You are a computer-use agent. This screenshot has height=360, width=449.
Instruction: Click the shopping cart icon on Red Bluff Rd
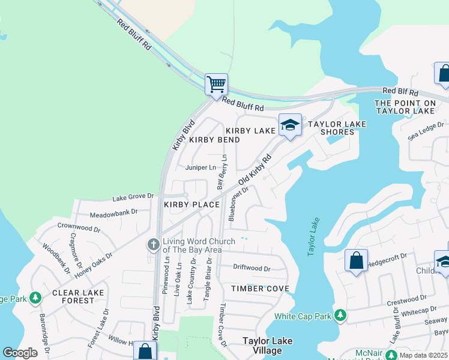point(216,84)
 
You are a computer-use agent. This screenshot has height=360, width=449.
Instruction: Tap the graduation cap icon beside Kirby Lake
point(290,125)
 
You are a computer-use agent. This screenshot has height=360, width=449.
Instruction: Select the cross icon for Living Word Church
point(153,245)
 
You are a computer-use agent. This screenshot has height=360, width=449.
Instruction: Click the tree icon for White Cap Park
point(340,315)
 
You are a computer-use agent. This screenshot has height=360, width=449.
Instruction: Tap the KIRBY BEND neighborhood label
point(214,140)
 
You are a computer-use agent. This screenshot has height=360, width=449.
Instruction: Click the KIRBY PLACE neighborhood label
point(191,205)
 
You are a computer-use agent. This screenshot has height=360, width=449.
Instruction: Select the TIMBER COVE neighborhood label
point(261,289)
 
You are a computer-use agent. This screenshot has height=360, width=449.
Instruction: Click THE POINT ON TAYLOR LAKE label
point(404,107)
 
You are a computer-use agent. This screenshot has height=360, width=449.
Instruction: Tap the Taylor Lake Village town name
point(267,346)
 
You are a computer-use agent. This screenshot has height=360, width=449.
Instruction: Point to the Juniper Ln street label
point(200,167)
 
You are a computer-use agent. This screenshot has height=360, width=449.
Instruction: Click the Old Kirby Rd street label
point(255,170)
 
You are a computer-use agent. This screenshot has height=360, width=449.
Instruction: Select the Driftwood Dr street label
point(252,268)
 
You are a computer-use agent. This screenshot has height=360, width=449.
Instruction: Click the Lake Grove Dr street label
point(133,196)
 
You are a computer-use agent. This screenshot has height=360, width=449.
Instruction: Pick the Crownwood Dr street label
point(79,228)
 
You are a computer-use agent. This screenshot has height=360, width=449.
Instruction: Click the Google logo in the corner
point(20,353)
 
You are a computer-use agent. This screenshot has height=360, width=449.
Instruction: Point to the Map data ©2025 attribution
point(423,355)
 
